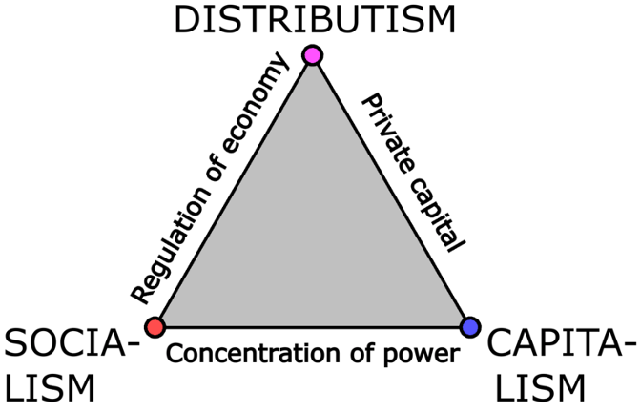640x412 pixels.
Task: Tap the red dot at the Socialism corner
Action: pyautogui.click(x=156, y=327)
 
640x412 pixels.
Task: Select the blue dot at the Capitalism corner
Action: pyautogui.click(x=469, y=327)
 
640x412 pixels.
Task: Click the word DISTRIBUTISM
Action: pyautogui.click(x=314, y=20)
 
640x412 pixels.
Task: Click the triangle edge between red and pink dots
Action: pyautogui.click(x=234, y=192)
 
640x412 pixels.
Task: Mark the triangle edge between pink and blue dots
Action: pyautogui.click(x=390, y=192)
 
